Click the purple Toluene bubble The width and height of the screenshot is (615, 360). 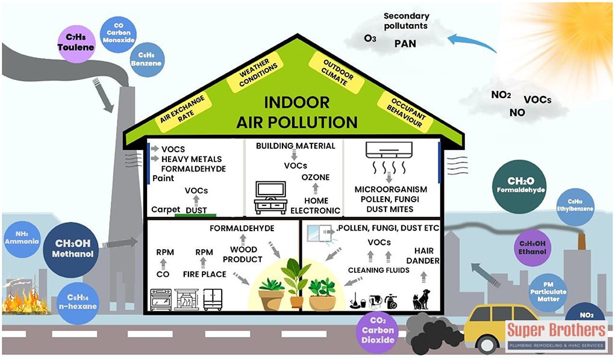[x=76, y=42]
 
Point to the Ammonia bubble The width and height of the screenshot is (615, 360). [x=21, y=238]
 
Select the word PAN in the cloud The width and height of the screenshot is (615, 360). [x=405, y=43]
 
